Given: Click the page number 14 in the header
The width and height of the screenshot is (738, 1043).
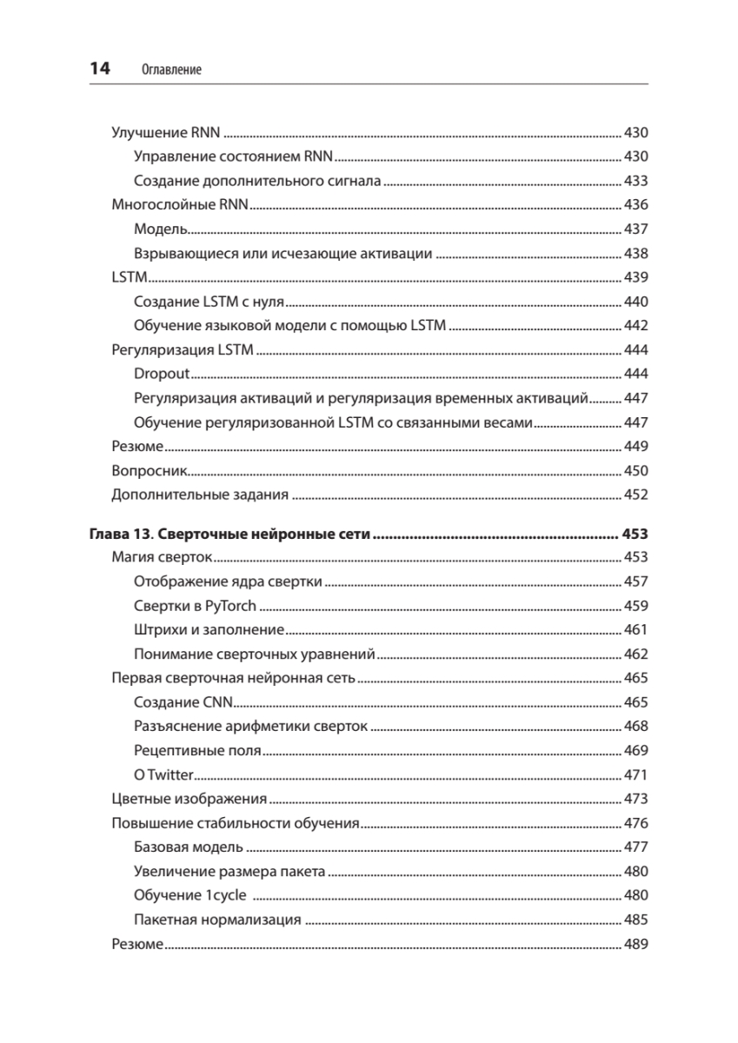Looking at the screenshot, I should click(100, 69).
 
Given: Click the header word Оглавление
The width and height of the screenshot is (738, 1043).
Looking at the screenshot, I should click(170, 70).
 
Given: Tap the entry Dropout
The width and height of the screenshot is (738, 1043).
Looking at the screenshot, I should click(162, 374).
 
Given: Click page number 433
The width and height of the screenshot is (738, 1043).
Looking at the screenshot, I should click(636, 182).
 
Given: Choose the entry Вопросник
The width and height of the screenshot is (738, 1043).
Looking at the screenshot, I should click(150, 471).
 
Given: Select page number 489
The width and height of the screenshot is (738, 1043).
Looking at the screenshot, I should click(636, 945).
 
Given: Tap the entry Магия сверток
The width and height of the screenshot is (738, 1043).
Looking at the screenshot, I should click(163, 557).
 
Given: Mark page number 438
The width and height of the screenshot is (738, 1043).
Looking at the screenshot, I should click(636, 254).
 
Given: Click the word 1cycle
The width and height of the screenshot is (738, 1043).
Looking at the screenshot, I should click(226, 896).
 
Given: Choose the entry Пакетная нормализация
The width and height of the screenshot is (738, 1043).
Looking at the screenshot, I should click(218, 920).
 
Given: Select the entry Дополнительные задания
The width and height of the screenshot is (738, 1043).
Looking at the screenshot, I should click(200, 495).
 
